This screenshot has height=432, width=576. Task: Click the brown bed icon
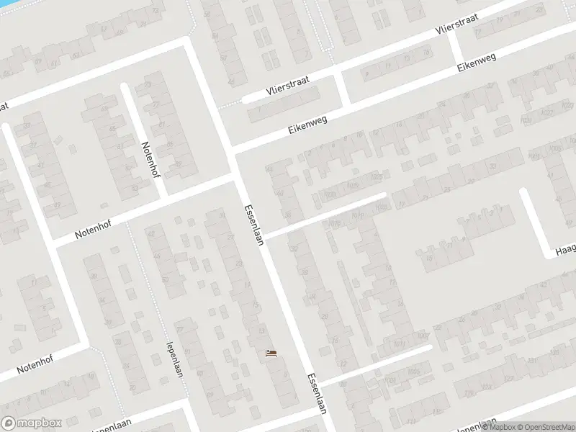click(271, 352)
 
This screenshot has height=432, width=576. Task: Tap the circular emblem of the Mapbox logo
click(9, 423)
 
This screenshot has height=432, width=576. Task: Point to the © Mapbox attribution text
click(500, 427)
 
